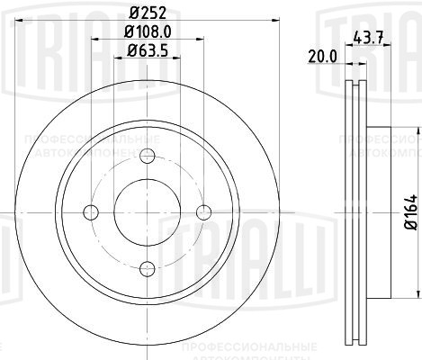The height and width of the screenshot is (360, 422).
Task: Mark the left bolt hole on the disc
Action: (x=90, y=212)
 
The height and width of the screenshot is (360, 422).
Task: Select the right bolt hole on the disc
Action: (x=204, y=212)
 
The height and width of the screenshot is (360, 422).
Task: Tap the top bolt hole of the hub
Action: (x=147, y=155)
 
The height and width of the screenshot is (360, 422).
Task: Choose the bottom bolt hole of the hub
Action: (x=147, y=269)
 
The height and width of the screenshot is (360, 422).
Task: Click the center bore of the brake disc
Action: (x=147, y=212)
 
